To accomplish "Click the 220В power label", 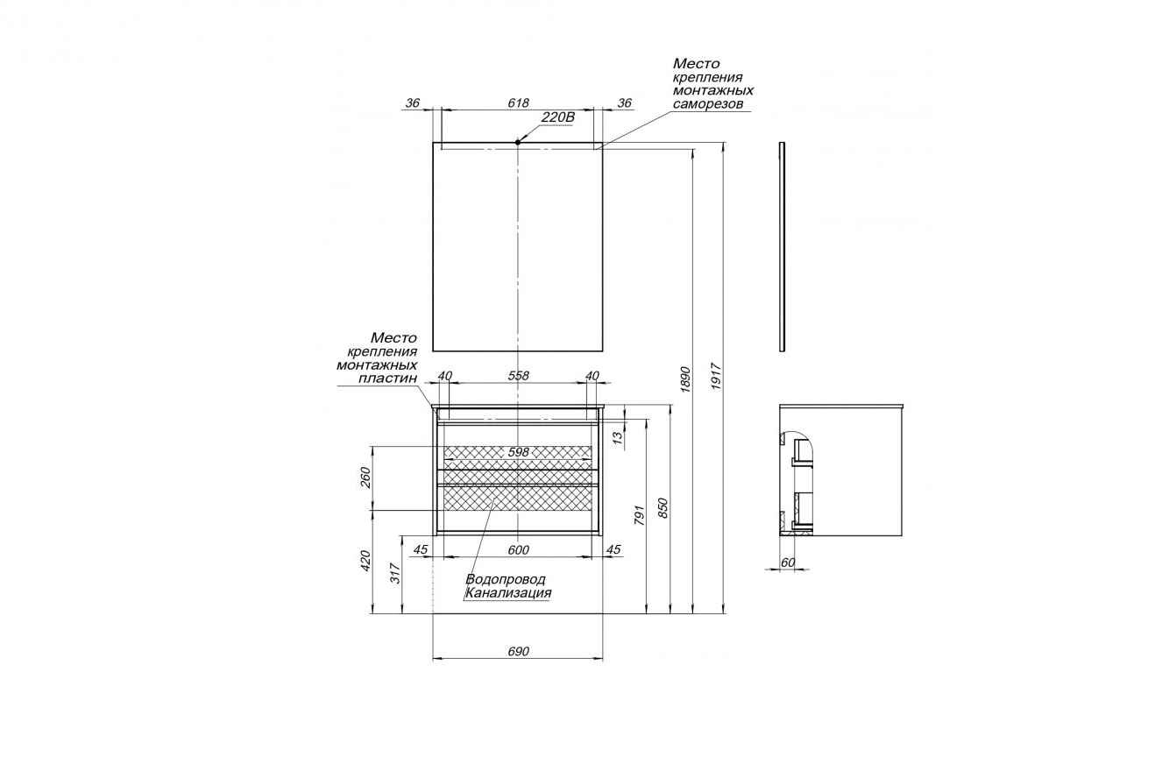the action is pos(558,117).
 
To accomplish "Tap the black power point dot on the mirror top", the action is pos(518,142).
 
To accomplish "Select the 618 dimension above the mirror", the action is pos(518,103).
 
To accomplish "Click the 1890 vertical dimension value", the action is pos(685,379).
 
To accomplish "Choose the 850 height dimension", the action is pos(662,507).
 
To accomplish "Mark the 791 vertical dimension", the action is pos(639,515).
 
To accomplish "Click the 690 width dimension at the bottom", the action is pos(518,651).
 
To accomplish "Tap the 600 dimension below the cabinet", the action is pos(518,550).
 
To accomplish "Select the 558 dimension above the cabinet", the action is pos(518,376).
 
